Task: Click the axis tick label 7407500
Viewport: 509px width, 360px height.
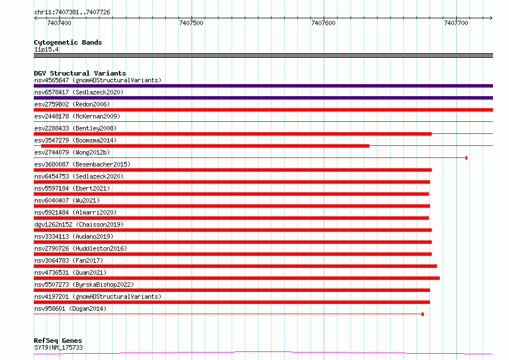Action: tap(191, 23)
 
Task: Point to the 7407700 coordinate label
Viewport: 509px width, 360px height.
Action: tap(456, 23)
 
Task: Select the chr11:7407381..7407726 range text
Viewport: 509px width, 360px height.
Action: tap(73, 12)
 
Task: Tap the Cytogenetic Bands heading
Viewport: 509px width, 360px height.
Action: tap(68, 42)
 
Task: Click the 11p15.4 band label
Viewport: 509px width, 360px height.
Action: tap(46, 49)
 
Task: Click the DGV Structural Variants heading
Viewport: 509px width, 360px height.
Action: tap(80, 73)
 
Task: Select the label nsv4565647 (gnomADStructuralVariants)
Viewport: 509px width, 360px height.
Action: tap(98, 80)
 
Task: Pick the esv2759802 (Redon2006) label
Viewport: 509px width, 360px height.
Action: tap(72, 104)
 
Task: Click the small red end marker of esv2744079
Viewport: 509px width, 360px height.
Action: tap(467, 158)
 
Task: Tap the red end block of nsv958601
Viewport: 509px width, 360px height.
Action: tap(423, 314)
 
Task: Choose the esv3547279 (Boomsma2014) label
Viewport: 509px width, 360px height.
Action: tap(75, 140)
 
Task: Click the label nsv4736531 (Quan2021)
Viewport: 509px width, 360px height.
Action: tap(70, 272)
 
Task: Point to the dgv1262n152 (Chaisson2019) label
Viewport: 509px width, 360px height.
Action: tap(79, 224)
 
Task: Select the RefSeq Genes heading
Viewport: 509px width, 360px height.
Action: tap(58, 341)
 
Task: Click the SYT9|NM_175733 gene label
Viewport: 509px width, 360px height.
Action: tap(58, 347)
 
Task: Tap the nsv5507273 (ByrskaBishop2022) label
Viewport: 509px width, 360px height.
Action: tap(84, 284)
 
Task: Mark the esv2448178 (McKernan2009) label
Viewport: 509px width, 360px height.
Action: tap(77, 116)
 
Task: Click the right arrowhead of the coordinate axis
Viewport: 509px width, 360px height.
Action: tap(492, 18)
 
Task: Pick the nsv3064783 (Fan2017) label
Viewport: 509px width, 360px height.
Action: tap(69, 260)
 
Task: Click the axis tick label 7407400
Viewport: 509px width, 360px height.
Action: tap(59, 23)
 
